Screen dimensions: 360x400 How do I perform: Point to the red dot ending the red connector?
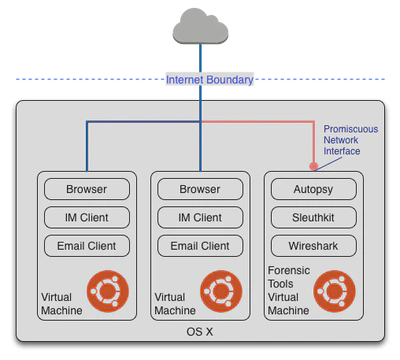pos(313,165)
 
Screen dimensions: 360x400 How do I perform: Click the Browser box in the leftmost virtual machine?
pos(87,189)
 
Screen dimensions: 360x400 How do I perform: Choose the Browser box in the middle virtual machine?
pos(200,189)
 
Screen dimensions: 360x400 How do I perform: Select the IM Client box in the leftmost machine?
pos(87,217)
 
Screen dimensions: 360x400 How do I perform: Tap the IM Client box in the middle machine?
pos(200,217)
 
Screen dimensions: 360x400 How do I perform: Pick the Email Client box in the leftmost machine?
pos(87,245)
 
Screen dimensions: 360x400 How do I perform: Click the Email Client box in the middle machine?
pos(200,245)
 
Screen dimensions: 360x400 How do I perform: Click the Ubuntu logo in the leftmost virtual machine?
pos(108,291)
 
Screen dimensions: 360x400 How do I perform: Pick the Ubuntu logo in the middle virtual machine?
pos(221,291)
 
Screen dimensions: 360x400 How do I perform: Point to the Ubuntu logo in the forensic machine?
pos(334,291)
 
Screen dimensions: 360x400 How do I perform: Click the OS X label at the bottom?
pos(201,332)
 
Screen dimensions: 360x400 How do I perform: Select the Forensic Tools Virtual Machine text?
pos(289,291)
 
